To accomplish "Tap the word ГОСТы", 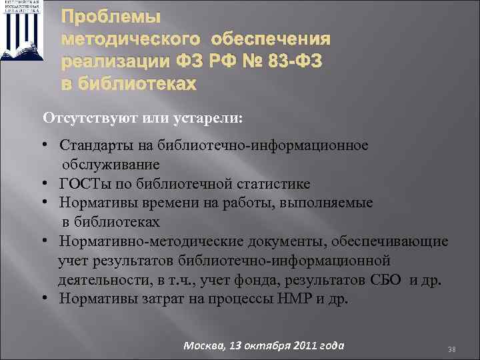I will click(x=80, y=183).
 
